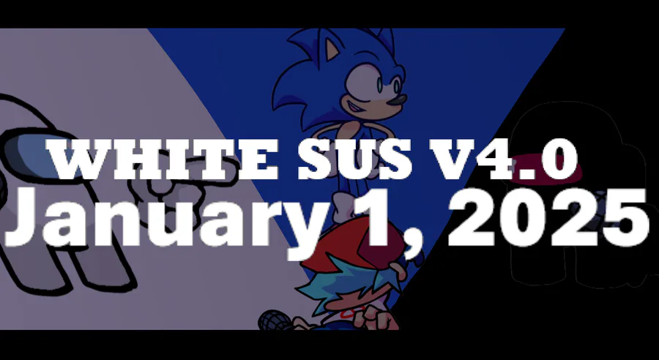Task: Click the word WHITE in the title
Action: coord(163,160)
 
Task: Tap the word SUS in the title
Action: coord(355,160)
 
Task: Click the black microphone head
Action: coord(273,320)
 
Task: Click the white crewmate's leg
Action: coord(97,269)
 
